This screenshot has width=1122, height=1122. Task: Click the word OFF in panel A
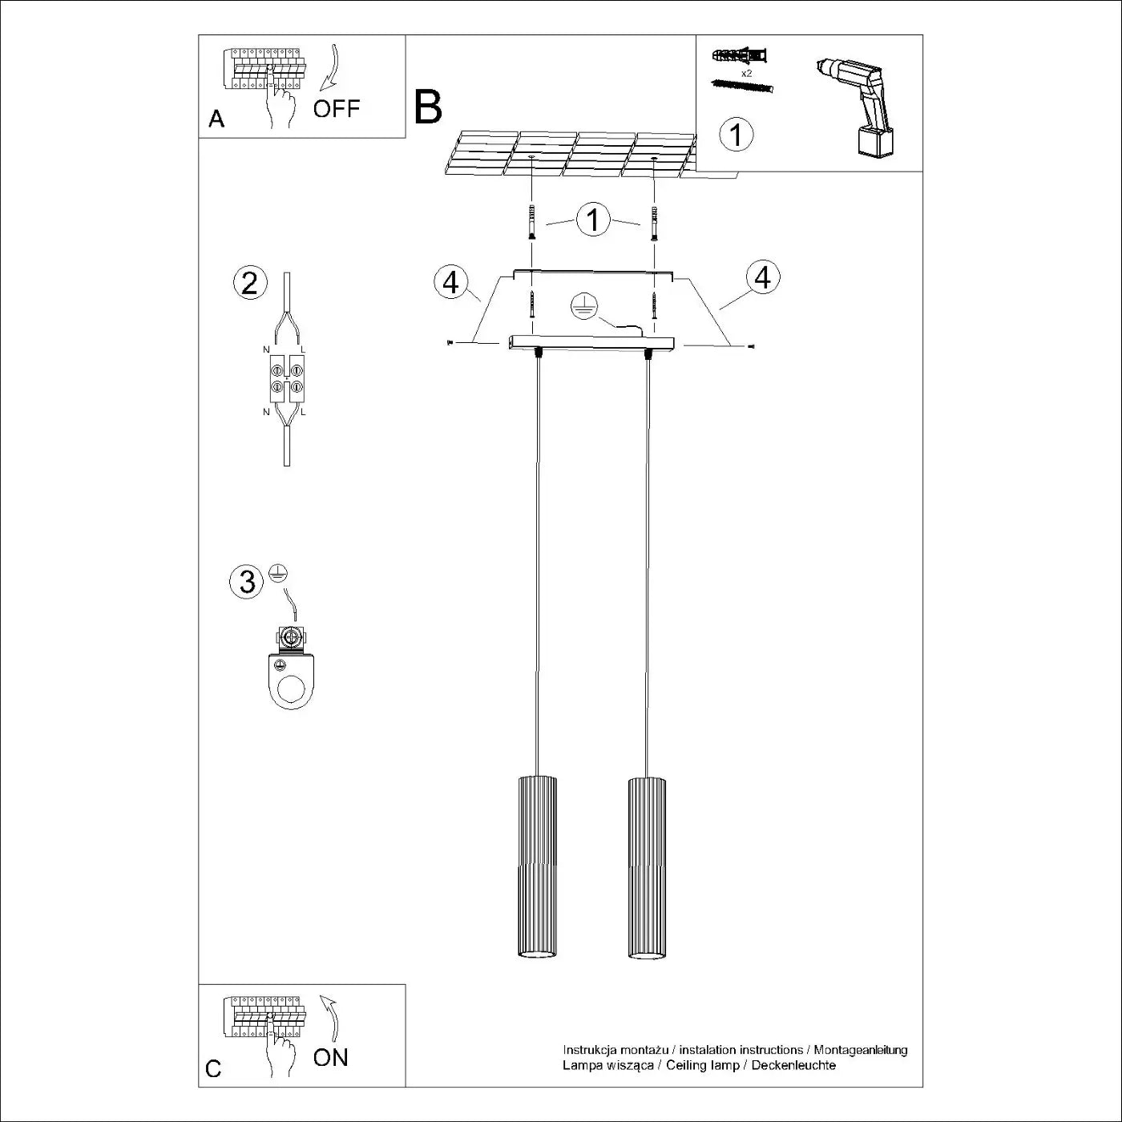337,109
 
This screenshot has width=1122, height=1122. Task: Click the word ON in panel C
331,1057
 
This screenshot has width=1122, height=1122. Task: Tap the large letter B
428,107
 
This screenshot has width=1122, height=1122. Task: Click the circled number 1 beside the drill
737,134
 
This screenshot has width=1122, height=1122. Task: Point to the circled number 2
249,284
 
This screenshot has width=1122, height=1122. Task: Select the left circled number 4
451,282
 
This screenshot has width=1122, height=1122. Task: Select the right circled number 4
762,277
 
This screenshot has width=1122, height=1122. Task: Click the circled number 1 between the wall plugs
593,220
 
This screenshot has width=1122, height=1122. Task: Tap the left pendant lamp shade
536,866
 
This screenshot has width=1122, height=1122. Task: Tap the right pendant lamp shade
646,866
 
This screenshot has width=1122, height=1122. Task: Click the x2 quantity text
746,73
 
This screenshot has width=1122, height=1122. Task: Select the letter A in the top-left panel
216,119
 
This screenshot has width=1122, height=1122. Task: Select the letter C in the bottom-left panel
213,1069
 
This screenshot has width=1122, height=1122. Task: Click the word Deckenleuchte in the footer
793,1065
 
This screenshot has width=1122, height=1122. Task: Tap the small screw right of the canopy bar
750,346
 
